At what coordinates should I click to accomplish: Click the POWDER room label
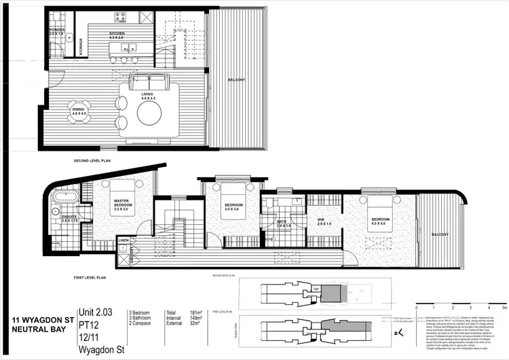pyautogui.click(x=57, y=30)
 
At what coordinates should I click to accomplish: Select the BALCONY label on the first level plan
pyautogui.click(x=440, y=234)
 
